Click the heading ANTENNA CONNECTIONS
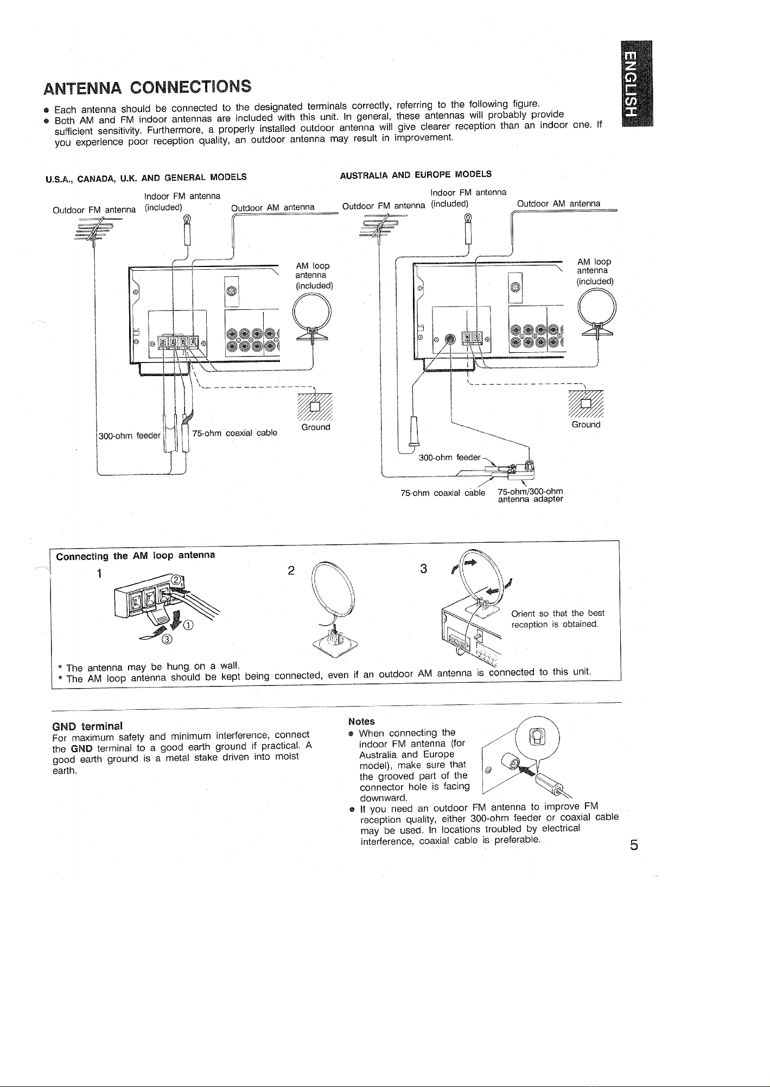coord(148,87)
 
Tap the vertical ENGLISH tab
coord(634,83)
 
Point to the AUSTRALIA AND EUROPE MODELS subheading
coord(416,174)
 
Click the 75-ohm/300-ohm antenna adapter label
coord(531,496)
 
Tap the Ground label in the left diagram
coord(316,427)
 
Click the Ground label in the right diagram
coord(586,424)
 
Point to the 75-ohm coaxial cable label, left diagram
coord(235,433)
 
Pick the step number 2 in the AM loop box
coord(291,571)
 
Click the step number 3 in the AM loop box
coord(424,568)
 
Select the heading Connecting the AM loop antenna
coord(136,555)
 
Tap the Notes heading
coord(361,721)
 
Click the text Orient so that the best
coord(558,613)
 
